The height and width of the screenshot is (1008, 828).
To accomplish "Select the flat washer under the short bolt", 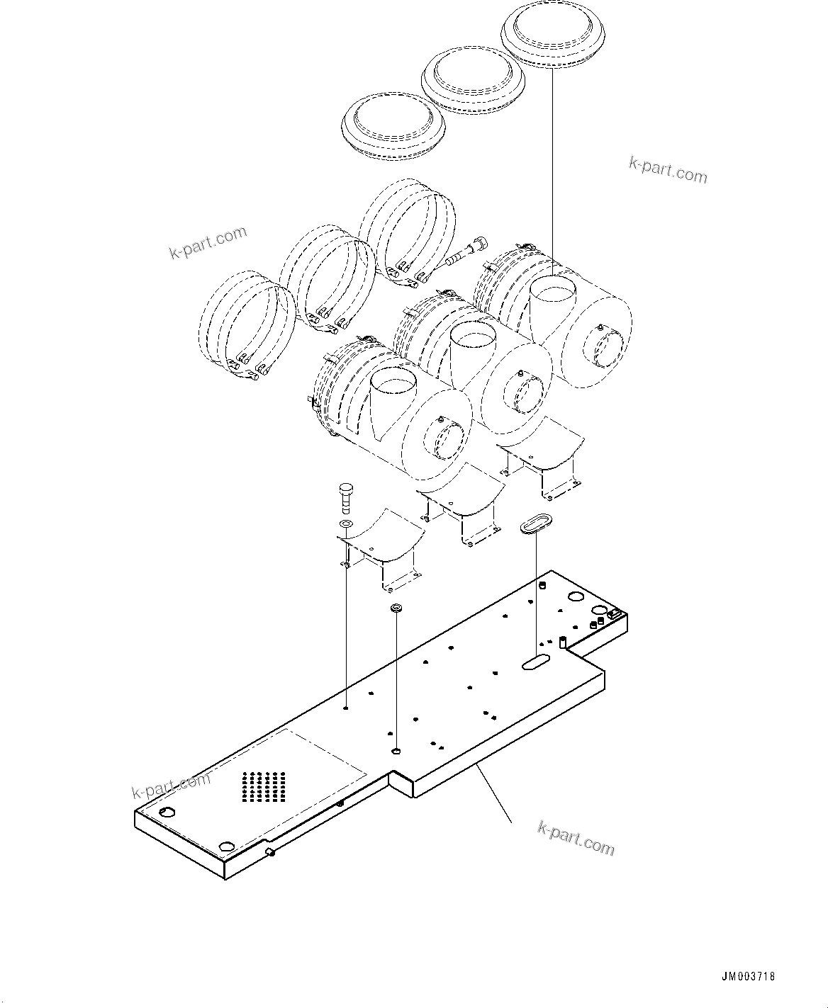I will (x=346, y=523).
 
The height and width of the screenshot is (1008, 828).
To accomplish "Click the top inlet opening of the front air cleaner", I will (x=395, y=385).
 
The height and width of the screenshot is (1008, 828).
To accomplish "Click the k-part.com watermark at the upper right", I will (x=667, y=170).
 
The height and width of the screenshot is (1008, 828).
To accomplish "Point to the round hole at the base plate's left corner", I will (x=167, y=812).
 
